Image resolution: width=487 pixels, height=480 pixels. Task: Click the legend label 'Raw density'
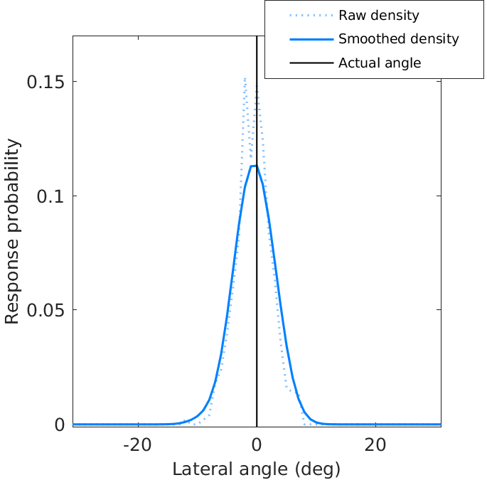[x=378, y=15]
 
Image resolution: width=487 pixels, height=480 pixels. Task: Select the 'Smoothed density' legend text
[x=398, y=39]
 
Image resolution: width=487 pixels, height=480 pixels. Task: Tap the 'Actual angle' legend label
[x=380, y=63]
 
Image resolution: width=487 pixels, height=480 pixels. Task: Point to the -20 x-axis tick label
[x=137, y=445]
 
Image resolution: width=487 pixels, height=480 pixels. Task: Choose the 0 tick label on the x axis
[x=257, y=445]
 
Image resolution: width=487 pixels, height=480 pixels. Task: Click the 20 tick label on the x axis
[x=375, y=445]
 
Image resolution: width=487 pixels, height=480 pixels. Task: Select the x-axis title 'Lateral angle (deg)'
[x=257, y=469]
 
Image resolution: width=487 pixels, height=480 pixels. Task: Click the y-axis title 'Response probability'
[x=13, y=232]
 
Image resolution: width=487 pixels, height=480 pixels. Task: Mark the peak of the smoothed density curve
[x=253, y=166]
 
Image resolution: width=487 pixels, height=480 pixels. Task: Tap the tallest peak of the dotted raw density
[x=245, y=78]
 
